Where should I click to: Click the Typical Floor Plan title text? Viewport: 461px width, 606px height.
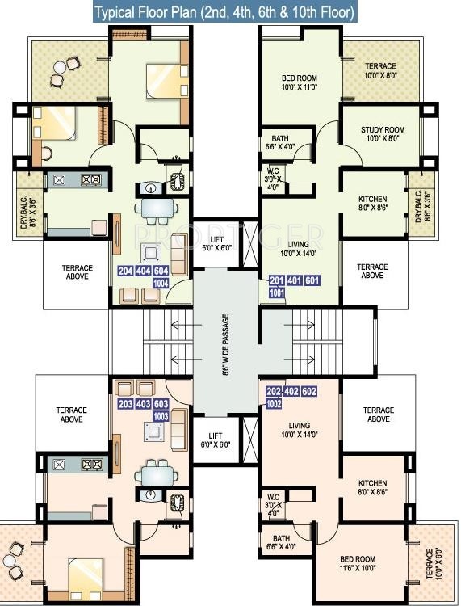224,13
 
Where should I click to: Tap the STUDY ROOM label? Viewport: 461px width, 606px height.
371,134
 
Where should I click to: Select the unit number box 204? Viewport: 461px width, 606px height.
126,271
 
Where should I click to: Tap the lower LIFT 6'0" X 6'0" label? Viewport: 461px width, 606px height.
216,440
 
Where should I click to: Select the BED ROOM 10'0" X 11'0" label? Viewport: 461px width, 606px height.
300,82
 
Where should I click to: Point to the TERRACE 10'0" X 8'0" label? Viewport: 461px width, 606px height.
379,70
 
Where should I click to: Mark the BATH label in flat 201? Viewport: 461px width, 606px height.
281,142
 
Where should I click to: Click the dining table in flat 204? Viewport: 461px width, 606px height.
157,209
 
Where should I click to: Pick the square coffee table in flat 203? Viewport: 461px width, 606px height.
154,431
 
